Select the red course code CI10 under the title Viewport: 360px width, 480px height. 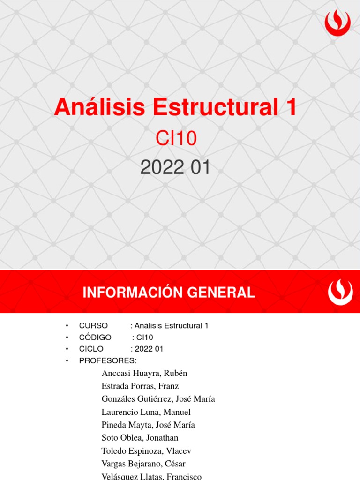(175, 138)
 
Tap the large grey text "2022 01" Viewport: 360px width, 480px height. (175, 168)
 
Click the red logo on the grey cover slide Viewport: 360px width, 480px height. (337, 23)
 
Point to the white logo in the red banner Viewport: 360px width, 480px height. (340, 292)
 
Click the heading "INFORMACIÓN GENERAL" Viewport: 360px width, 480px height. (169, 293)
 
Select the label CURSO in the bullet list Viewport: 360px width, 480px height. (94, 326)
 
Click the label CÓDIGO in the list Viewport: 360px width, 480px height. (95, 337)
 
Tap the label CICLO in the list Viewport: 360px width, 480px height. (91, 349)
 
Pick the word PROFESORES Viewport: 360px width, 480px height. (108, 360)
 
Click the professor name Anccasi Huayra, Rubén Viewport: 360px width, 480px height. (144, 374)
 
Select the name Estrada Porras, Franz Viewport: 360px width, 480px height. (140, 386)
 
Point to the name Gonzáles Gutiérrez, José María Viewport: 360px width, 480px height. (158, 399)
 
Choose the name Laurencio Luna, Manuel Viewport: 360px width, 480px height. (146, 412)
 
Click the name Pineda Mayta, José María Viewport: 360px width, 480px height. (148, 425)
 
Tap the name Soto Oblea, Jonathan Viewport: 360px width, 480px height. (140, 438)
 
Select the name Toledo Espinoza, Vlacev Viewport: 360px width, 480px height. (146, 451)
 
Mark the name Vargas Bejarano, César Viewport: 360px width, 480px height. (143, 464)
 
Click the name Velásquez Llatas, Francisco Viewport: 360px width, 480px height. (151, 476)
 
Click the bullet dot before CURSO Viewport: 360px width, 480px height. (67, 326)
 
